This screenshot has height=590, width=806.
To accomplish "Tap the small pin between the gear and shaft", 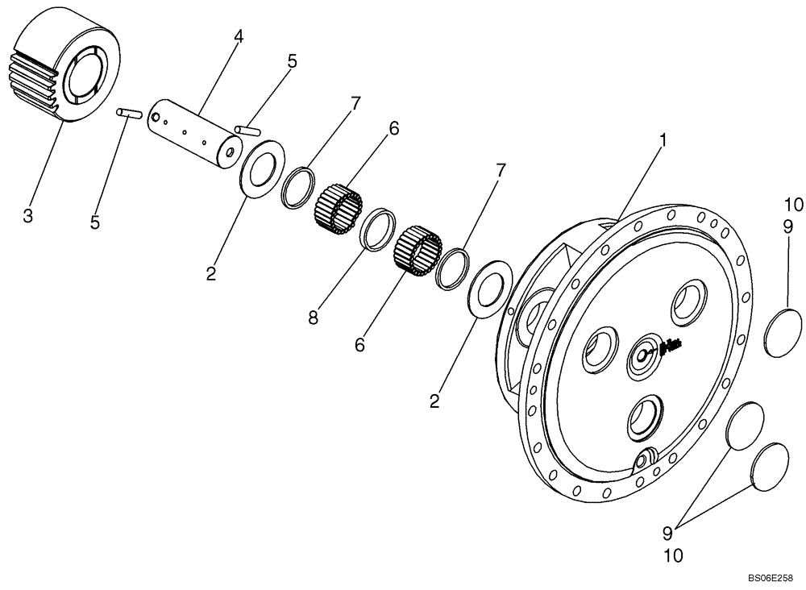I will tap(129, 114).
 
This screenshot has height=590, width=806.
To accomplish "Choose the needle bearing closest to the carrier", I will tap(418, 249).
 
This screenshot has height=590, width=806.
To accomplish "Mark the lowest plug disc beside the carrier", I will tap(770, 467).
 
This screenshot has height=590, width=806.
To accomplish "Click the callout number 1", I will tap(663, 139).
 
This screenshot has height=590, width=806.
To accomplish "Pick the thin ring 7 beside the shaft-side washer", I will tap(297, 188).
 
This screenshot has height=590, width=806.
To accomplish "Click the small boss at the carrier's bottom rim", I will tap(646, 460).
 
